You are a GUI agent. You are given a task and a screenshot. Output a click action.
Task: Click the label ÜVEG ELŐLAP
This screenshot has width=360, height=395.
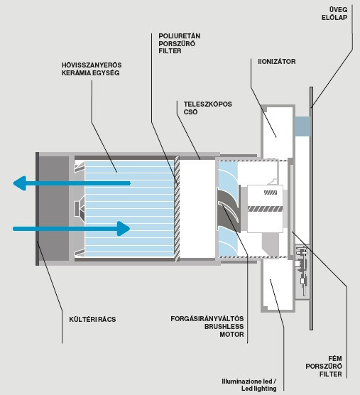coord(334,13)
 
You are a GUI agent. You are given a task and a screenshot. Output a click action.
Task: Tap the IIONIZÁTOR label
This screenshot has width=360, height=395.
coord(277,62)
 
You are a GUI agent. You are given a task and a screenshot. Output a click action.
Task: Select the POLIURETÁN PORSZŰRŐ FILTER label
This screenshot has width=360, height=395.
coord(179,43)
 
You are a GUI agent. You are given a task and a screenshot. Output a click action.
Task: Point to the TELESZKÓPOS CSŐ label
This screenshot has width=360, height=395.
coord(207,108)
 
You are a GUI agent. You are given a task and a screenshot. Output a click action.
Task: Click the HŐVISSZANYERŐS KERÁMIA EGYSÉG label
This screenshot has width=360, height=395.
coord(92,69)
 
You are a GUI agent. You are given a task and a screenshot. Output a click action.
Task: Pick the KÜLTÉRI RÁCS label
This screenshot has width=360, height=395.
coord(92,320)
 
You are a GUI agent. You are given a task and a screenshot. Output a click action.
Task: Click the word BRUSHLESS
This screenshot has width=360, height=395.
coord(224,327)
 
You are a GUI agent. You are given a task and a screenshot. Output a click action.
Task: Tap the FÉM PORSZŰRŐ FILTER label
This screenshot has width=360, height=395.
coord(324,366)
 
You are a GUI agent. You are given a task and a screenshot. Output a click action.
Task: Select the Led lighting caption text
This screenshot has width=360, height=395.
coord(258,389)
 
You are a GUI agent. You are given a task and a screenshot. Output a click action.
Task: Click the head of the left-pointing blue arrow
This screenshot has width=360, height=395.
coord(20,183)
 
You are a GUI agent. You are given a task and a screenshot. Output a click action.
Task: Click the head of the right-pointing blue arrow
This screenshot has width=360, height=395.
coord(124,229)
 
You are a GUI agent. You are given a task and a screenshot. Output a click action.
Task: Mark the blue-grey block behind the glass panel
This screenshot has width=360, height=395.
coord(302,126)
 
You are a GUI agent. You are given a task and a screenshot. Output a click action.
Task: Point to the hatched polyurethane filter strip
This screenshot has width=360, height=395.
coord(177,209)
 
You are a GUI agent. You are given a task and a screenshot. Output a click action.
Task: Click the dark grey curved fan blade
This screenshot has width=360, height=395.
coord(229,208)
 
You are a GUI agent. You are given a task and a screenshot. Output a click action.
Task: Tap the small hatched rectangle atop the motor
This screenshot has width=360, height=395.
coord(271,193)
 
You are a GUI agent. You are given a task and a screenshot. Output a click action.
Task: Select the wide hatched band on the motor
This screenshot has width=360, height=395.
coord(265,209)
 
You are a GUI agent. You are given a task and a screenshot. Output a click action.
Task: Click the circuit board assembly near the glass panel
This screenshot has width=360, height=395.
coord(302,272)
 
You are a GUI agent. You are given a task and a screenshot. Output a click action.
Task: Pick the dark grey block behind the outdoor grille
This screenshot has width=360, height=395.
coord(54,209)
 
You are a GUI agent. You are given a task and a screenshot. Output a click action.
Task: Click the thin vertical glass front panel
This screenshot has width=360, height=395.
coord(312,208)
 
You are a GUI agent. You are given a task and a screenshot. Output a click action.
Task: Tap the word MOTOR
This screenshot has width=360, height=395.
coord(231,335)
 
